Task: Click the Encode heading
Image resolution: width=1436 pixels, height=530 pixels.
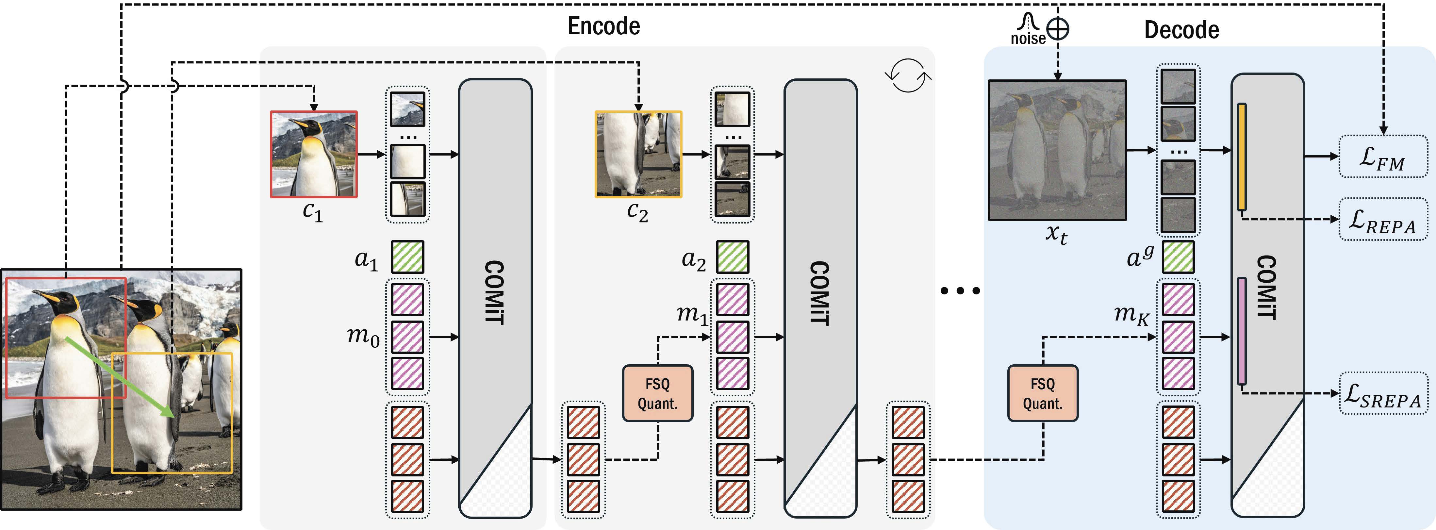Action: (604, 26)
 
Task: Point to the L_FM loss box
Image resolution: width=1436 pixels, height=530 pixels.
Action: (1383, 157)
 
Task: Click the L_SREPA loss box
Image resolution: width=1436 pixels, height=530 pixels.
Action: (1383, 393)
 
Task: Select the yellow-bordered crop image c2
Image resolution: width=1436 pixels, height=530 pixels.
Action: (638, 154)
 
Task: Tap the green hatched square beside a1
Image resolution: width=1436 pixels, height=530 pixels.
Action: (407, 257)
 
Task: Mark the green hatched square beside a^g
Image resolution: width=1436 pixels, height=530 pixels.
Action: (1178, 257)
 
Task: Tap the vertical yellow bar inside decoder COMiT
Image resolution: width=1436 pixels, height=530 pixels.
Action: (1242, 157)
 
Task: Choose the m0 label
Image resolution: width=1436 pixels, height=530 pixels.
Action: (363, 336)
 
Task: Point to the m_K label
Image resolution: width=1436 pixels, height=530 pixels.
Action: (1131, 315)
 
